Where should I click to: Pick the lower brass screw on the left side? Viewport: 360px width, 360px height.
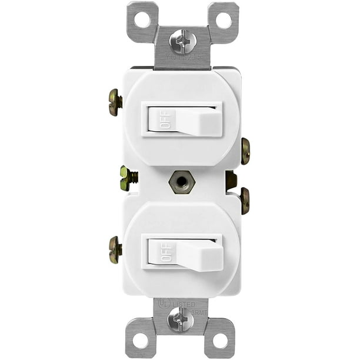[x=115, y=249]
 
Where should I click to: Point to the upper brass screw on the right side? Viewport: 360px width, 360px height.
[x=244, y=151]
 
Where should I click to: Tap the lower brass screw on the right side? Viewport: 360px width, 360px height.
[x=244, y=201]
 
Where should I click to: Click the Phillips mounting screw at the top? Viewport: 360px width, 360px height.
[x=182, y=42]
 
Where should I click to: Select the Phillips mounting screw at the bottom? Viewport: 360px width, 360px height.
[x=179, y=319]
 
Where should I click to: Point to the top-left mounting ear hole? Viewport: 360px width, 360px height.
[x=141, y=19]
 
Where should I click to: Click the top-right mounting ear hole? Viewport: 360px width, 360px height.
[x=224, y=19]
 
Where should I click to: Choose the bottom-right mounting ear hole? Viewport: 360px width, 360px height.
[x=220, y=340]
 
